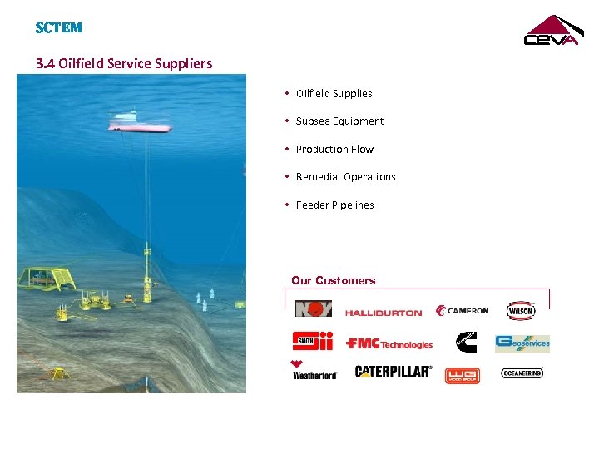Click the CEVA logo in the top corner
click(x=551, y=31)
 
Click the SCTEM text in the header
click(x=59, y=28)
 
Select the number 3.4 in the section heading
click(x=45, y=63)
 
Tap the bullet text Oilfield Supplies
click(x=334, y=94)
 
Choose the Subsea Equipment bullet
click(x=339, y=121)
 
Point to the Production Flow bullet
click(x=334, y=150)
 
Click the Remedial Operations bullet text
click(x=345, y=177)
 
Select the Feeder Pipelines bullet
click(x=334, y=205)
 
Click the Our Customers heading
click(x=333, y=281)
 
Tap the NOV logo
click(x=313, y=309)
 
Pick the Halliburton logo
click(x=384, y=313)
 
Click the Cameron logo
click(x=463, y=311)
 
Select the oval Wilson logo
click(x=521, y=311)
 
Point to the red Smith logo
click(x=313, y=341)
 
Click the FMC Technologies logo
click(x=389, y=343)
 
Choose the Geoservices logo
click(x=522, y=343)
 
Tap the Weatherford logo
click(x=314, y=372)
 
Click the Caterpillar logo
click(x=393, y=372)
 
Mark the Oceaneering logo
click(x=522, y=373)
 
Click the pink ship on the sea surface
click(x=139, y=123)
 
